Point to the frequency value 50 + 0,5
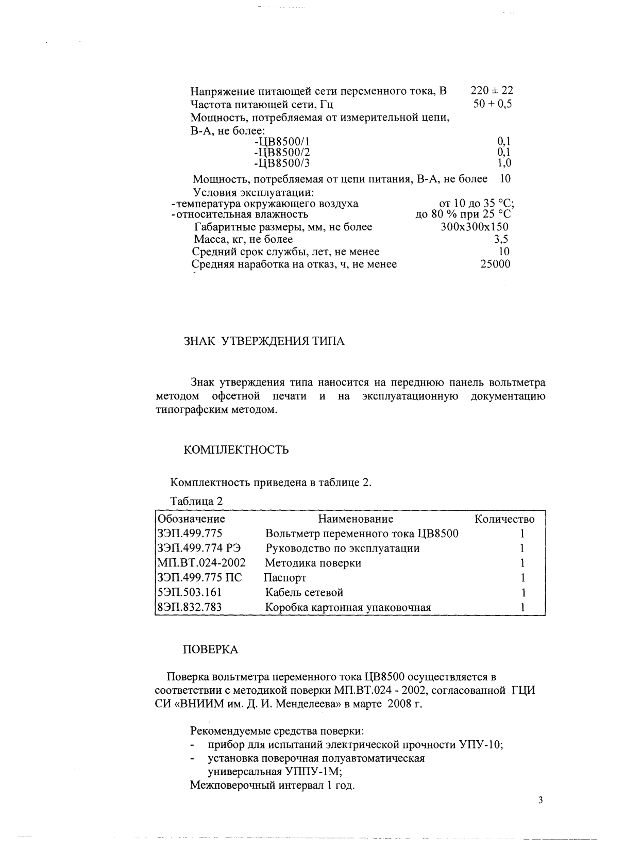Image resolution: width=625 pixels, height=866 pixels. pyautogui.click(x=493, y=104)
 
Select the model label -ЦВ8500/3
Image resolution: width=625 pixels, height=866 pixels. pyautogui.click(x=282, y=163)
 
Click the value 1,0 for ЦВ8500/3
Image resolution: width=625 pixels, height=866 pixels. pyautogui.click(x=504, y=163)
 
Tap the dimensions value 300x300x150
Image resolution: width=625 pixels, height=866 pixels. pyautogui.click(x=475, y=227)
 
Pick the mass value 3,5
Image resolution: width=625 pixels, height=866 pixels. pyautogui.click(x=501, y=239)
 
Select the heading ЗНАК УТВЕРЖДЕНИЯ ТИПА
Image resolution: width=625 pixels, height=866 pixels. pyautogui.click(x=264, y=341)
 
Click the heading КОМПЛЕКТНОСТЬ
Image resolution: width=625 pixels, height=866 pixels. pyautogui.click(x=237, y=450)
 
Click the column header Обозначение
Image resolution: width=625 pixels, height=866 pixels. pyautogui.click(x=191, y=519)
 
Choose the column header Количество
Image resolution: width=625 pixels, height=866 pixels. pyautogui.click(x=504, y=519)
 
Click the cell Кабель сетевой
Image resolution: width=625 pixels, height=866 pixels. pyautogui.click(x=304, y=593)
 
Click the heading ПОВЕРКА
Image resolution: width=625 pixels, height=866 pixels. pyautogui.click(x=211, y=650)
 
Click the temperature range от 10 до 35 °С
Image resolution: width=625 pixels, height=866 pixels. pyautogui.click(x=476, y=204)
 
